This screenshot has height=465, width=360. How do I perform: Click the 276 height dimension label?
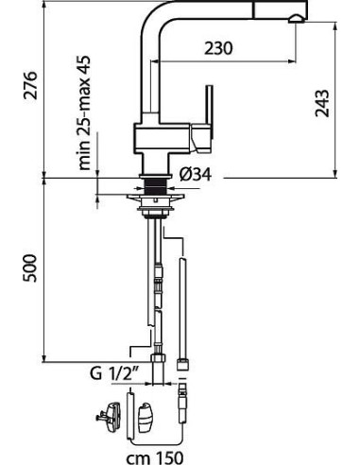click(x=30, y=85)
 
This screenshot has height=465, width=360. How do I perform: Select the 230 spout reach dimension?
click(x=218, y=48)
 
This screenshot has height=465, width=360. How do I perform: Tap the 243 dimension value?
click(x=322, y=103)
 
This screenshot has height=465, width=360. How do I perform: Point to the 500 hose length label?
click(x=30, y=268)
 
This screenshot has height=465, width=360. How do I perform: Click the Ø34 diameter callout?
click(x=196, y=174)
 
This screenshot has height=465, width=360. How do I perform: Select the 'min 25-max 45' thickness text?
click(x=84, y=113)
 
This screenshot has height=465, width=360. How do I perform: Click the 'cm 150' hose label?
click(x=155, y=457)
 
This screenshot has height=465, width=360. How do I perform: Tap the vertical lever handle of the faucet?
click(x=209, y=111)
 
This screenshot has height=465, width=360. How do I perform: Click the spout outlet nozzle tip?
click(x=297, y=19)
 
